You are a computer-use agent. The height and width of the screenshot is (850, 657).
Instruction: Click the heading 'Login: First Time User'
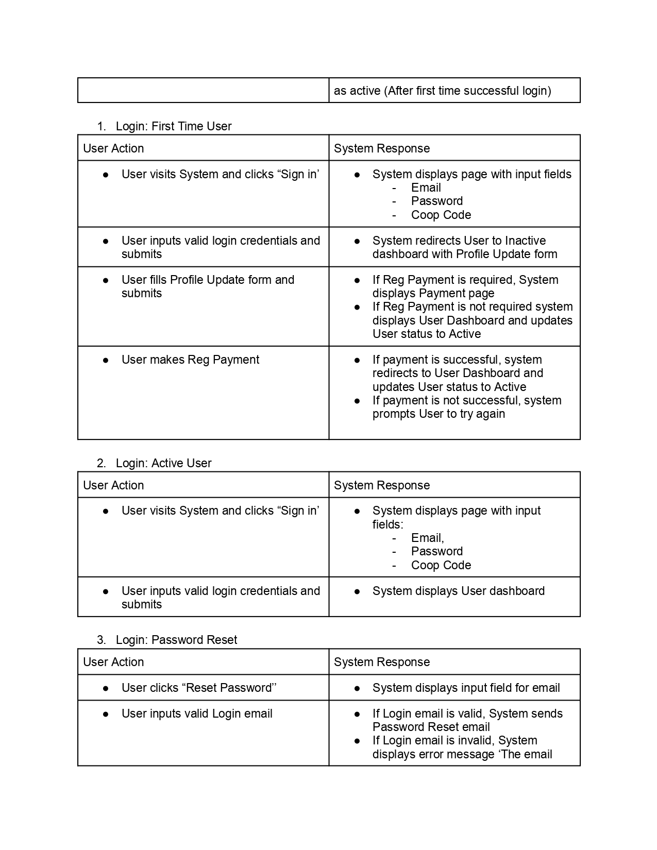(174, 126)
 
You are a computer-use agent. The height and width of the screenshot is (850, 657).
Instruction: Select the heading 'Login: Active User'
(163, 463)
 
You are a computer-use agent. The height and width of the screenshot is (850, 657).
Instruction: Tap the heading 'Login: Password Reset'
(176, 640)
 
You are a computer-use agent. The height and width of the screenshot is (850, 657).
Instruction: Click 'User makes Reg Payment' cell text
(190, 360)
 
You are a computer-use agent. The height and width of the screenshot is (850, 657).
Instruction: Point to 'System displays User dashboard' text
(458, 591)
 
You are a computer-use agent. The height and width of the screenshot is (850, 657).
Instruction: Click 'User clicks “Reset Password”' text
(199, 688)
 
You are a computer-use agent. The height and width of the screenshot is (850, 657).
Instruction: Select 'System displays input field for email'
(466, 688)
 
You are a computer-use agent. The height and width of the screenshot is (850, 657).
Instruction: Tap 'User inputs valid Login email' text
(197, 713)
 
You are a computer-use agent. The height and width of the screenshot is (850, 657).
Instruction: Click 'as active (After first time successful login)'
(442, 91)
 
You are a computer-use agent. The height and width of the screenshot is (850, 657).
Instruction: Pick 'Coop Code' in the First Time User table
(441, 215)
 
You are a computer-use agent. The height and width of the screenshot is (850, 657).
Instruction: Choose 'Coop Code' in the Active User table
(441, 565)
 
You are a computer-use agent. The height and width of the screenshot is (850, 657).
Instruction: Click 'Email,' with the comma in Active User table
(427, 538)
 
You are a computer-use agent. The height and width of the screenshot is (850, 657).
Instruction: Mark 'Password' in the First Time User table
(437, 201)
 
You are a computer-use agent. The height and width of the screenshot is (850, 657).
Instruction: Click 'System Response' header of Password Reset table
(381, 662)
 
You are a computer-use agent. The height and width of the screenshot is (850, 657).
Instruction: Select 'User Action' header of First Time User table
(113, 148)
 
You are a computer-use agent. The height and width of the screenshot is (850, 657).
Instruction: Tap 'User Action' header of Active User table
(113, 485)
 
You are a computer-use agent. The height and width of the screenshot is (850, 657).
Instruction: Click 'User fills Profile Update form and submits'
(208, 286)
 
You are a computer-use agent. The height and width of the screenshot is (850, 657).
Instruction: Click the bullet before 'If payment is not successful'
(357, 400)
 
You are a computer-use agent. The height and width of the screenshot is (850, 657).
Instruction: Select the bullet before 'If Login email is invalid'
(357, 740)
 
